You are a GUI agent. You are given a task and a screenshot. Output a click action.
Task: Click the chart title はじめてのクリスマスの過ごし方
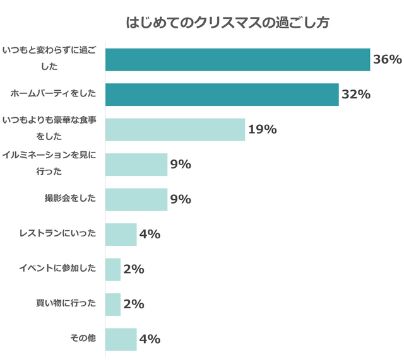pyautogui.click(x=227, y=23)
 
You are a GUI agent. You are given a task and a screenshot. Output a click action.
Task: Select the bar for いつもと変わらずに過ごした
pyautogui.click(x=237, y=59)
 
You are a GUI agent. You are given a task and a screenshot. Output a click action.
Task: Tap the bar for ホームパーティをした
pyautogui.click(x=222, y=95)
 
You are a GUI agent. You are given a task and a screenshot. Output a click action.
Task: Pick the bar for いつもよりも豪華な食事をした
pyautogui.click(x=175, y=129)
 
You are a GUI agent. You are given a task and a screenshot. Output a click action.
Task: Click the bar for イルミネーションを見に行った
pyautogui.click(x=136, y=165)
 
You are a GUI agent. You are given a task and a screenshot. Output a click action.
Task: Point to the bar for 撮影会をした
pyautogui.click(x=136, y=199)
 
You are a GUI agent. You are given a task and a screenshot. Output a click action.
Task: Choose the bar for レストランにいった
pyautogui.click(x=121, y=235)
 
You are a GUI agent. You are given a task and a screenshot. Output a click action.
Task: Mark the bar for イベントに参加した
pyautogui.click(x=113, y=269)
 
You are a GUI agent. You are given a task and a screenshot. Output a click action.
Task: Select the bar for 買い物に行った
pyautogui.click(x=113, y=304)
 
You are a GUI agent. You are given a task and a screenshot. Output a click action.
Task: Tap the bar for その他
pyautogui.click(x=121, y=339)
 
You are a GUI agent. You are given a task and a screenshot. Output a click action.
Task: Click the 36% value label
pyautogui.click(x=388, y=60)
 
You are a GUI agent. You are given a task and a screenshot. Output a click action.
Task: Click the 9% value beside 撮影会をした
pyautogui.click(x=181, y=200)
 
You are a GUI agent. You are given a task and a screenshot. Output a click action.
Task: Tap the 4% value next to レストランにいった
pyautogui.click(x=150, y=235)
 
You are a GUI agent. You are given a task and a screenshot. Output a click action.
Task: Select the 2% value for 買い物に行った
pyautogui.click(x=134, y=305)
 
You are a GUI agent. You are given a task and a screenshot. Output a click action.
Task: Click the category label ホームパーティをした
pyautogui.click(x=54, y=94)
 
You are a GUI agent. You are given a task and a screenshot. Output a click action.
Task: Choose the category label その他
pyautogui.click(x=83, y=339)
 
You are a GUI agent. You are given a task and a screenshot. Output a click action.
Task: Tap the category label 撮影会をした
pyautogui.click(x=70, y=199)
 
